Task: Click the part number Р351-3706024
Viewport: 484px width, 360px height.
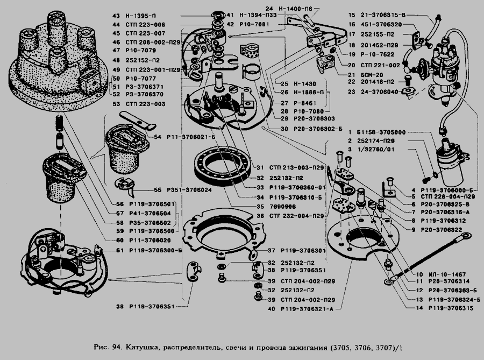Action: pos(182,190)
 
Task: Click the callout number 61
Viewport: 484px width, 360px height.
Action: pos(118,250)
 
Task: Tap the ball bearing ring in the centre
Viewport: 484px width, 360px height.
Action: pos(223,166)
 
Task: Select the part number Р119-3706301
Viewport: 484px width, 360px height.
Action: pos(304,250)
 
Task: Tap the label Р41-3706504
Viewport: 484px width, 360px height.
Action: pos(152,213)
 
